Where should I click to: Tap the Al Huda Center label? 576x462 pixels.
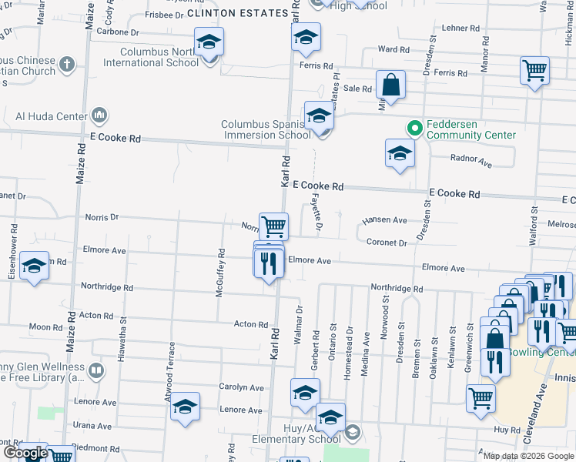(51, 116)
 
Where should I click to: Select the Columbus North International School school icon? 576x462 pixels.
(209, 43)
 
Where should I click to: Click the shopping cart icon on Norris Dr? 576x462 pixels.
(273, 226)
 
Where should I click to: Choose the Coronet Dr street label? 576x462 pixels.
(387, 243)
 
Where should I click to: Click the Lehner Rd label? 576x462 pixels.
(461, 28)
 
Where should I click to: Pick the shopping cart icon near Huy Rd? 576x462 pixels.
(481, 398)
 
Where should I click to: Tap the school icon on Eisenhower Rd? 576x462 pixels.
(33, 266)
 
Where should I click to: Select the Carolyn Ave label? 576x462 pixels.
(241, 387)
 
